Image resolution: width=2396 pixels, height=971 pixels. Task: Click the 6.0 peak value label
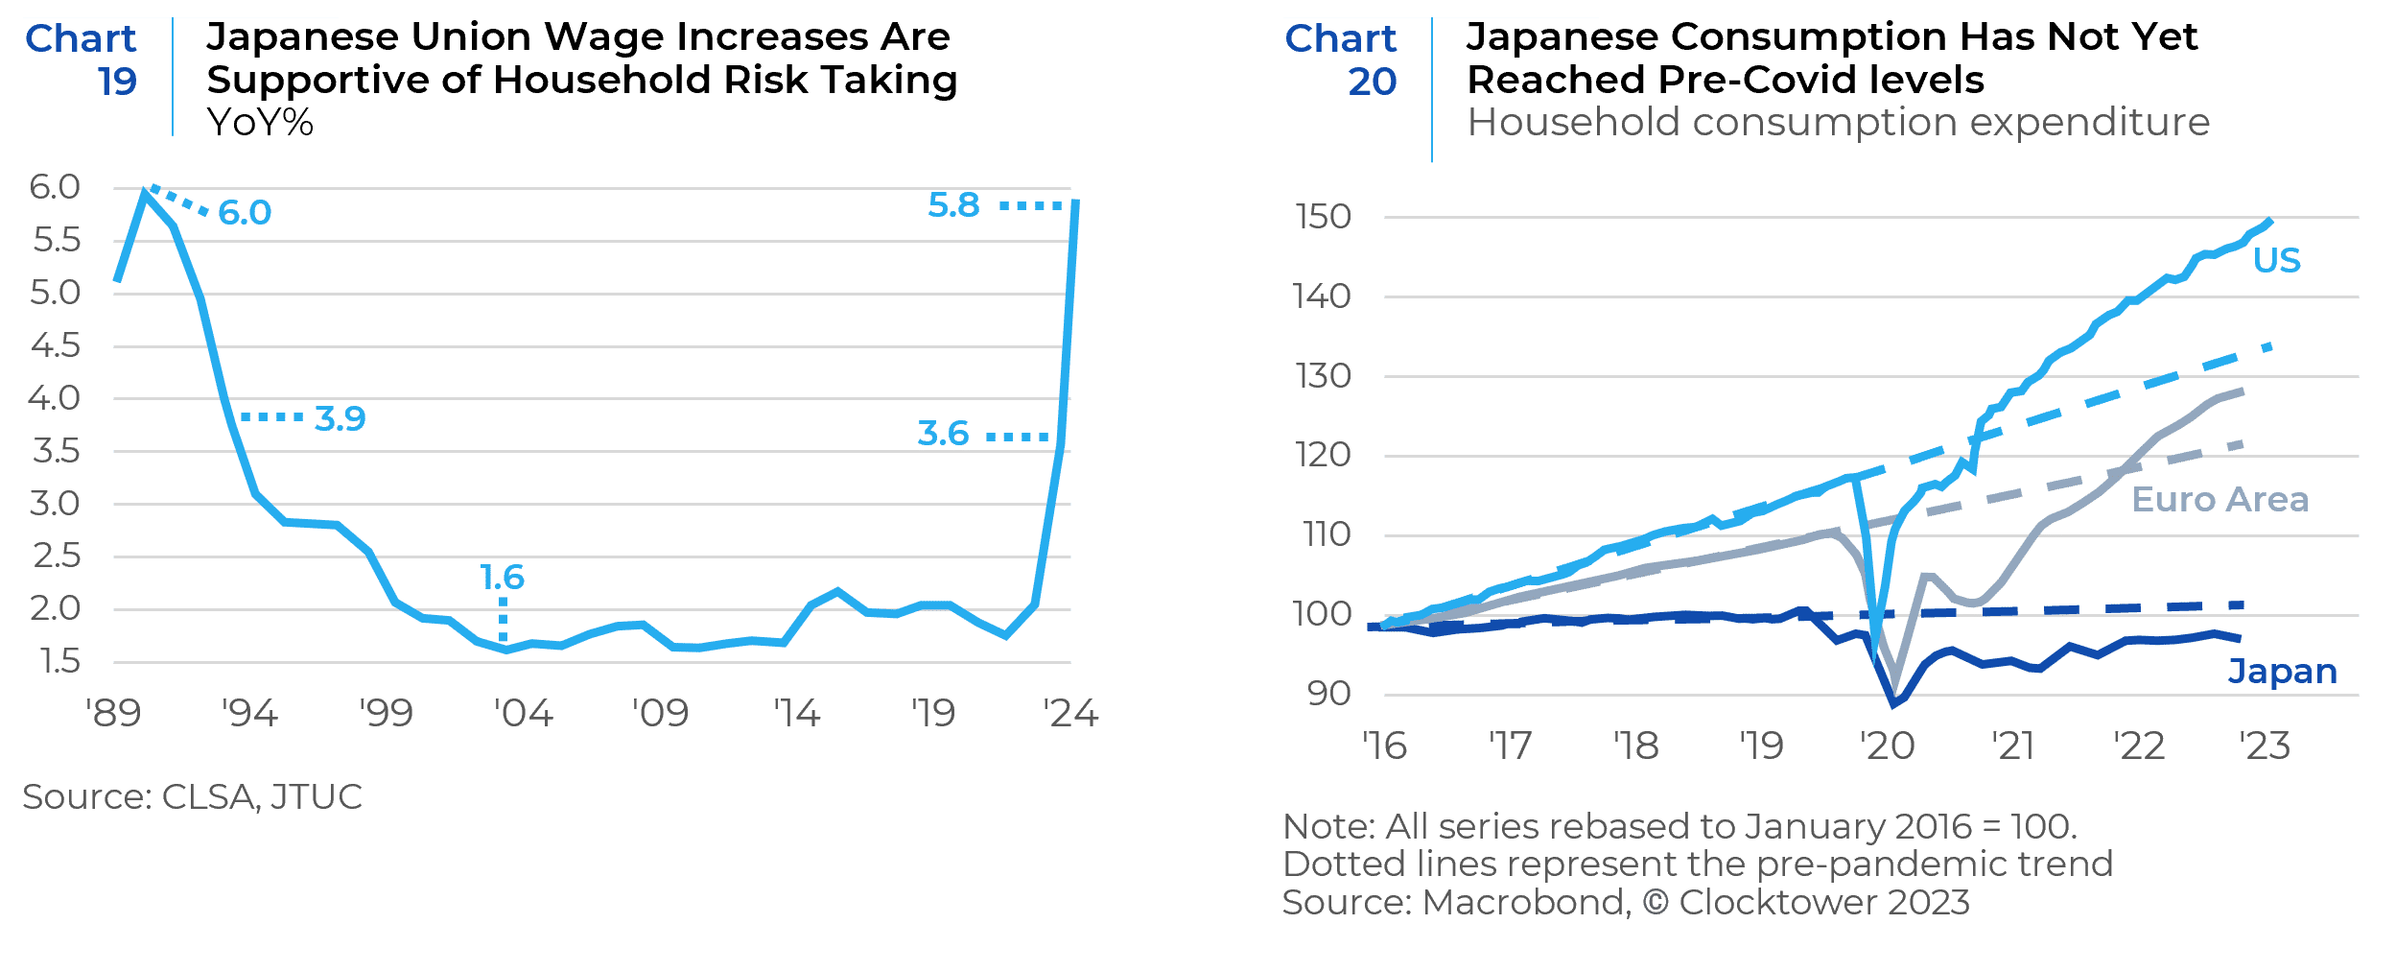(245, 212)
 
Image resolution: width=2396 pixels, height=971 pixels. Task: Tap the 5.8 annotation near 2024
(953, 204)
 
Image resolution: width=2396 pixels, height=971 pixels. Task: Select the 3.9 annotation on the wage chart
(341, 418)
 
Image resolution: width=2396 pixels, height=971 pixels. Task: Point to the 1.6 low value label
(502, 577)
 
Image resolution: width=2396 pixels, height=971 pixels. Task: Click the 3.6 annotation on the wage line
(943, 433)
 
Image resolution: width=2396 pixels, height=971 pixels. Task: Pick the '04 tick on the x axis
(523, 714)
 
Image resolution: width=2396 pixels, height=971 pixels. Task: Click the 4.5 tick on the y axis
(56, 345)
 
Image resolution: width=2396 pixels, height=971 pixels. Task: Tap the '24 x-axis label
(1070, 714)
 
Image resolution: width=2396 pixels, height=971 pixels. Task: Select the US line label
(2276, 260)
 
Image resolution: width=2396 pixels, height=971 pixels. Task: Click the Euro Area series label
(2220, 499)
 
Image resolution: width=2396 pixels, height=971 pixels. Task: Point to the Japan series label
(2282, 671)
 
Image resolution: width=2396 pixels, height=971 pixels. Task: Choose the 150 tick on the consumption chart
(1323, 217)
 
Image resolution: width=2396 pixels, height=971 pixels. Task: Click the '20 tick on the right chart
(1887, 746)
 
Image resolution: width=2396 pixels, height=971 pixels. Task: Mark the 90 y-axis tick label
(1328, 693)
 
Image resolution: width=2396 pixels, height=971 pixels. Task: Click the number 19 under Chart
(117, 82)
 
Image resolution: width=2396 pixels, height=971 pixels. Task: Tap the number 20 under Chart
(1372, 82)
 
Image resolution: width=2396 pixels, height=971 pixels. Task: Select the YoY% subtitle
(260, 122)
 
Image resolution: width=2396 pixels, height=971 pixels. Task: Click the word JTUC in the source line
(317, 796)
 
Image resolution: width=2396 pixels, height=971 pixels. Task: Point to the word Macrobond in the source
(1524, 902)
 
